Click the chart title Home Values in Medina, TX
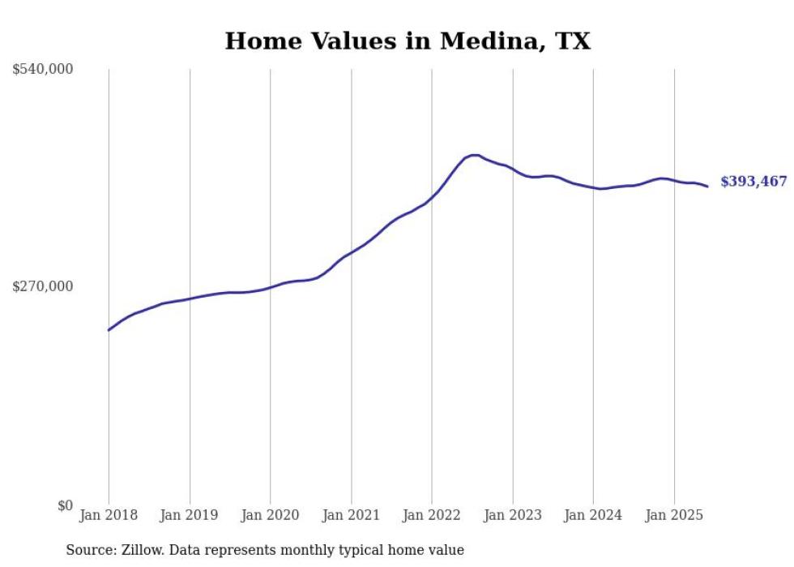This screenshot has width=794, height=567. coord(408,41)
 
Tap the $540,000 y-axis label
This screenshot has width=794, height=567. coord(42,70)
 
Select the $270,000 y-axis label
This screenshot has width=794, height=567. coord(42,286)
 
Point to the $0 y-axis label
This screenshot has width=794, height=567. coord(65,505)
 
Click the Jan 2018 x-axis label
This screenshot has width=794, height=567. coord(109,515)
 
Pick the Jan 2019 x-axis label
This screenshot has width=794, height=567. coord(190,515)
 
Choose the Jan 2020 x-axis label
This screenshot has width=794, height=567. coord(270,515)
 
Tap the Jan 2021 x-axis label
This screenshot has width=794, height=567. coord(351,515)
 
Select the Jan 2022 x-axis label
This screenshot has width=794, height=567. coord(432,515)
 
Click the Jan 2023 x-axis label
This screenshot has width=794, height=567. coord(512,515)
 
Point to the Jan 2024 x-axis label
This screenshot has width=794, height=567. coord(593,515)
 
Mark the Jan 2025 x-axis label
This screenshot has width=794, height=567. coord(674,515)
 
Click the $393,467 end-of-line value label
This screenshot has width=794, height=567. coord(753,182)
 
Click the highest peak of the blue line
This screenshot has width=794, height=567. coord(474,155)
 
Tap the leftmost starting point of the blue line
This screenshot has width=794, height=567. coord(109,330)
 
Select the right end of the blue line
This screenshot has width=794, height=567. coord(707,187)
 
